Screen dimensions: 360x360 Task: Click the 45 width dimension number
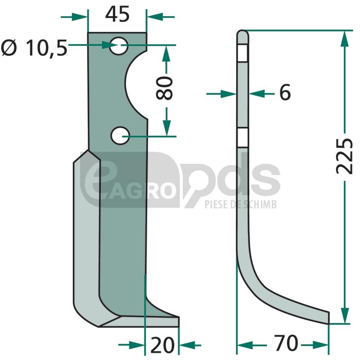pos(117,14)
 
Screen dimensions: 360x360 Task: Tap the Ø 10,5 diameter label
pos(35,48)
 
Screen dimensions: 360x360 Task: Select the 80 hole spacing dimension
pos(164,88)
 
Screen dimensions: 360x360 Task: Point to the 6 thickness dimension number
pos(285,92)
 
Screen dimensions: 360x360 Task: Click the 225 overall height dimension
pos(344,156)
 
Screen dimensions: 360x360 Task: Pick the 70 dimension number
pos(286,343)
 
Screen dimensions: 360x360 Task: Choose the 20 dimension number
pos(162,345)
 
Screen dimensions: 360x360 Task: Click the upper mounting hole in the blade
pos(119,46)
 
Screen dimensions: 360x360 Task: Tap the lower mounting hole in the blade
pos(120,136)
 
